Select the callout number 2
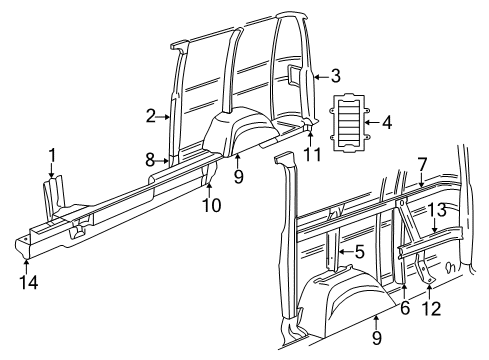pyautogui.click(x=151, y=116)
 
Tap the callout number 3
pyautogui.click(x=335, y=75)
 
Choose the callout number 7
pyautogui.click(x=422, y=163)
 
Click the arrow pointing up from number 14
pyautogui.click(x=26, y=264)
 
